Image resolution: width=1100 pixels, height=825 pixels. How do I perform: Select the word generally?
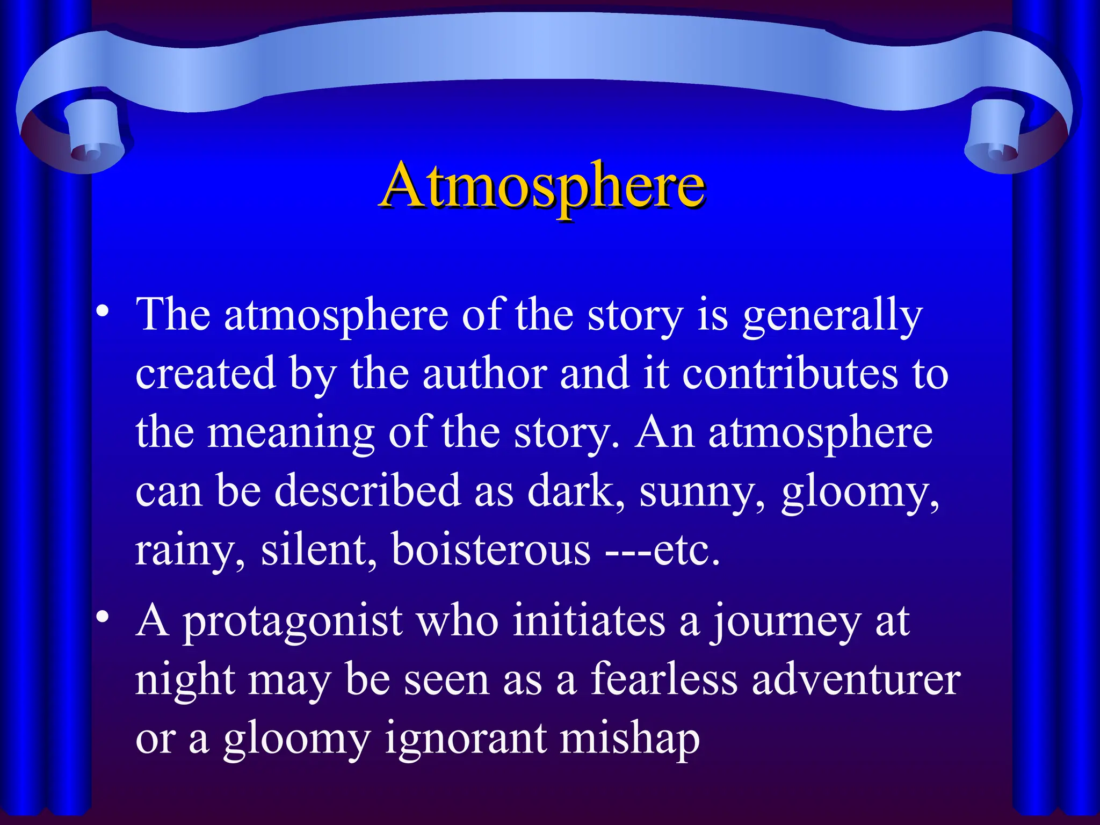tap(832, 317)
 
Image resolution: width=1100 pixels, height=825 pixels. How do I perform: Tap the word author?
tap(484, 374)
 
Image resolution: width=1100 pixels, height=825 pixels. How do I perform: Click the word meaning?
tap(291, 434)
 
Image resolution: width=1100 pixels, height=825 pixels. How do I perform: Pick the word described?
tap(367, 491)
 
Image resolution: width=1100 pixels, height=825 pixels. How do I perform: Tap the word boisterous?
tap(491, 550)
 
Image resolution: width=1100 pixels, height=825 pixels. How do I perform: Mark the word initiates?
tap(589, 622)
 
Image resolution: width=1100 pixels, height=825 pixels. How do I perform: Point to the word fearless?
tap(664, 680)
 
